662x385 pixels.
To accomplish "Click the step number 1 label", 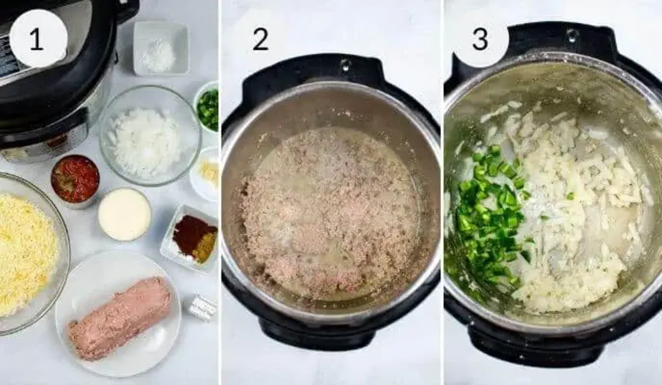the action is pos(36,39).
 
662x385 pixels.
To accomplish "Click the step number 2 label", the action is pos(260,39).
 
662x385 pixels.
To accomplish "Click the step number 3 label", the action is pos(480,39).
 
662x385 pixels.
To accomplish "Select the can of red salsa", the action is pos(76,181).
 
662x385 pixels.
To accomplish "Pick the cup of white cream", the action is pos(125,213).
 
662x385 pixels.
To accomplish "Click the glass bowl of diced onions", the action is pos(151,135).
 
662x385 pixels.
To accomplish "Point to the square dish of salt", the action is pos(161,49).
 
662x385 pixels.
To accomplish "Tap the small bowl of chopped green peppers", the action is pos(207,108).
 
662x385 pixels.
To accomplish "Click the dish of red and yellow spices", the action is pos(191,238).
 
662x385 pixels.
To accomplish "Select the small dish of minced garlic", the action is pos(205,174).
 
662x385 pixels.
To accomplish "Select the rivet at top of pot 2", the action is pos(346,65).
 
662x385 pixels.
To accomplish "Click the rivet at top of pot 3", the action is pos(573,34).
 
